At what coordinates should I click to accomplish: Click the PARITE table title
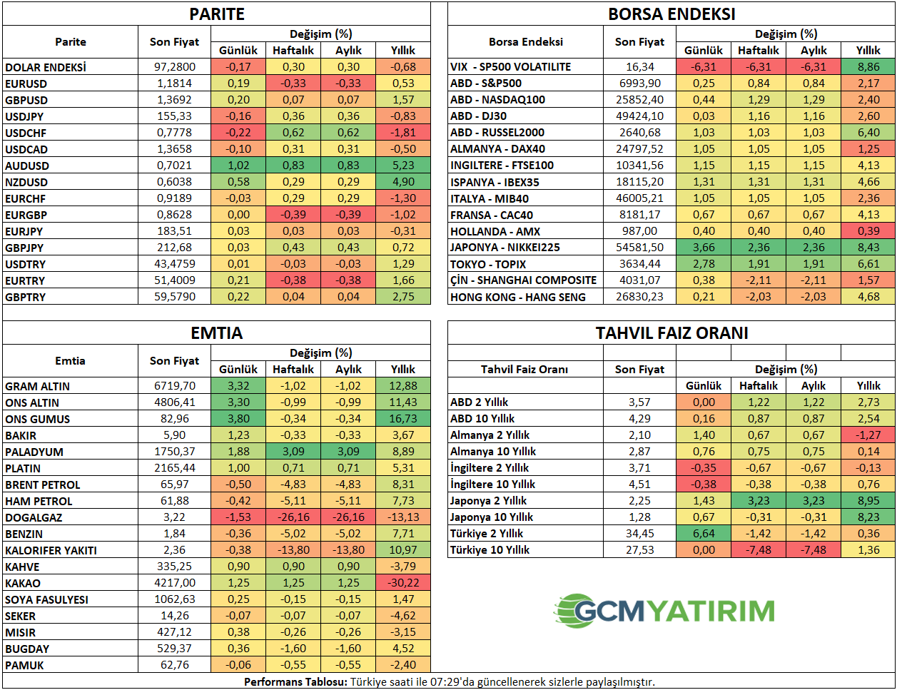(x=216, y=14)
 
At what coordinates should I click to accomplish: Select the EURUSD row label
(x=26, y=83)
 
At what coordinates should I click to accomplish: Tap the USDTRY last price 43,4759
(x=175, y=264)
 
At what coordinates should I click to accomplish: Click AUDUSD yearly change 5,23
(x=403, y=166)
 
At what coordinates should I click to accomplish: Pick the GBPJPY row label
(x=24, y=248)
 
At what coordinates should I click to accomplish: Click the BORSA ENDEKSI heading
(x=671, y=14)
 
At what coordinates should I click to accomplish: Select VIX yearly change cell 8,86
(x=868, y=66)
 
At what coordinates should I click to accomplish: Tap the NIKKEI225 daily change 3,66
(x=704, y=247)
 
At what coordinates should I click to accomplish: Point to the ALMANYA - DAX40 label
(x=497, y=149)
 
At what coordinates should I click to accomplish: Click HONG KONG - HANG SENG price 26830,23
(x=639, y=297)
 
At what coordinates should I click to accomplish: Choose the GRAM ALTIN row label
(x=38, y=386)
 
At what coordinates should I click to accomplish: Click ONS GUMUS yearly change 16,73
(x=403, y=419)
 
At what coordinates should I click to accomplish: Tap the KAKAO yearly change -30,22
(x=403, y=583)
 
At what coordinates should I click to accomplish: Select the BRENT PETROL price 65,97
(x=175, y=484)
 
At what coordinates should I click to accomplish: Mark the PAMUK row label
(x=24, y=665)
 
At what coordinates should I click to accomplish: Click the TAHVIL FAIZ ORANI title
(x=672, y=333)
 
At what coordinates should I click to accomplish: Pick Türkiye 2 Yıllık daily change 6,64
(x=704, y=534)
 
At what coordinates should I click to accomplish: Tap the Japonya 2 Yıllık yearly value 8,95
(x=868, y=501)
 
